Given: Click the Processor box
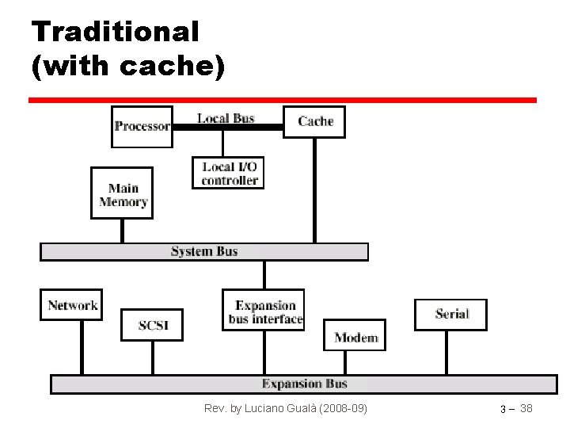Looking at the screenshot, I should click(142, 126).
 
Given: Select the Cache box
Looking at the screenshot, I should click(314, 121).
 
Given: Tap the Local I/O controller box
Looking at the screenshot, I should click(229, 173).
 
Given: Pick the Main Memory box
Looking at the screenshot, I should click(123, 193).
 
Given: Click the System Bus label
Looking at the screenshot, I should click(204, 251).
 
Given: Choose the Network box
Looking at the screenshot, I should click(71, 304).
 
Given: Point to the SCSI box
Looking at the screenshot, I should click(151, 325).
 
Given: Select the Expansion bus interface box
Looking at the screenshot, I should click(264, 311).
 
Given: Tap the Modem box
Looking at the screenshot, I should click(355, 337).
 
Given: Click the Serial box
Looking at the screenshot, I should click(450, 314).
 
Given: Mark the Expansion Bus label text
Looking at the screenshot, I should click(305, 384).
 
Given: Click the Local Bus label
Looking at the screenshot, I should click(226, 118).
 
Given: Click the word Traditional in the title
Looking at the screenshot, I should click(116, 32).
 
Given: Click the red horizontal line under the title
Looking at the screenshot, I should click(283, 101).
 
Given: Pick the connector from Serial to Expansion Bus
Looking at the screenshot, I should click(446, 353).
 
